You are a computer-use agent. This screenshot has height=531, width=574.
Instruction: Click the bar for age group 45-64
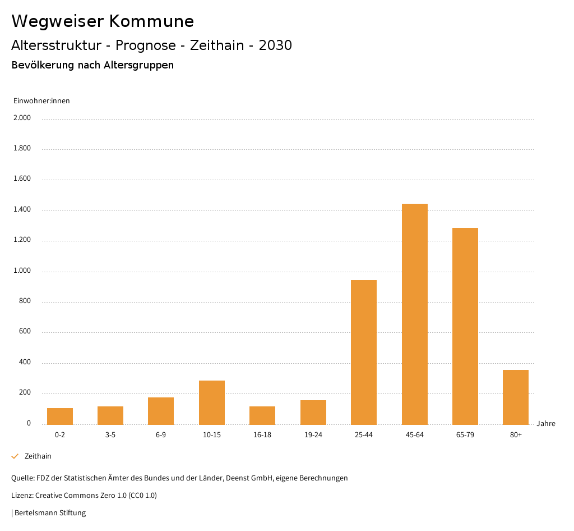[414, 314]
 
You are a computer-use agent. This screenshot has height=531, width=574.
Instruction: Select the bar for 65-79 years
[465, 326]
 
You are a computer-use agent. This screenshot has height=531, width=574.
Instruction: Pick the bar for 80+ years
[516, 397]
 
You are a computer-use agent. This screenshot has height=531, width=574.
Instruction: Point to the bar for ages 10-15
[212, 402]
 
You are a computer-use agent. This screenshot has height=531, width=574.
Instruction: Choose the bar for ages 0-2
[60, 416]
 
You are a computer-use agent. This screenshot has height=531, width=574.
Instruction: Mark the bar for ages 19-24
[313, 412]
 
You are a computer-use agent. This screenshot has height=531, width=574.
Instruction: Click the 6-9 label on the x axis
[161, 435]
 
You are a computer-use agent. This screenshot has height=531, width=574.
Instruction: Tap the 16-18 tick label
[262, 435]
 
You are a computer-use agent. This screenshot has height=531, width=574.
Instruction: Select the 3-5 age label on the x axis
[110, 435]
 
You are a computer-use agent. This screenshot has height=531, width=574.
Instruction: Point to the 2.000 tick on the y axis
[22, 118]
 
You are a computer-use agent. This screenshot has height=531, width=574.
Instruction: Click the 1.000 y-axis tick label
[22, 271]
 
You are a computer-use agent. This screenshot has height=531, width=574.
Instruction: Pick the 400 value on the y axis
[25, 363]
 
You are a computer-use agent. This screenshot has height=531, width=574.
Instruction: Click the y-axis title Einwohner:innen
[41, 101]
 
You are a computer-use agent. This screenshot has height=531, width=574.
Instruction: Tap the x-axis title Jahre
[545, 424]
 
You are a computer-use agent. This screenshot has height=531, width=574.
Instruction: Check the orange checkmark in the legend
[15, 456]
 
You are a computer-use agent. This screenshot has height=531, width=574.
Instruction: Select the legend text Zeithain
[38, 456]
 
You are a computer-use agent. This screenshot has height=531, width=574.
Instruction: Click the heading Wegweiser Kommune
[103, 21]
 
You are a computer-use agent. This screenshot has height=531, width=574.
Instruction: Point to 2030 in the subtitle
[275, 45]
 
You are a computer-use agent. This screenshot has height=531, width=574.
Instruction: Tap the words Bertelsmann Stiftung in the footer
[50, 512]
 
